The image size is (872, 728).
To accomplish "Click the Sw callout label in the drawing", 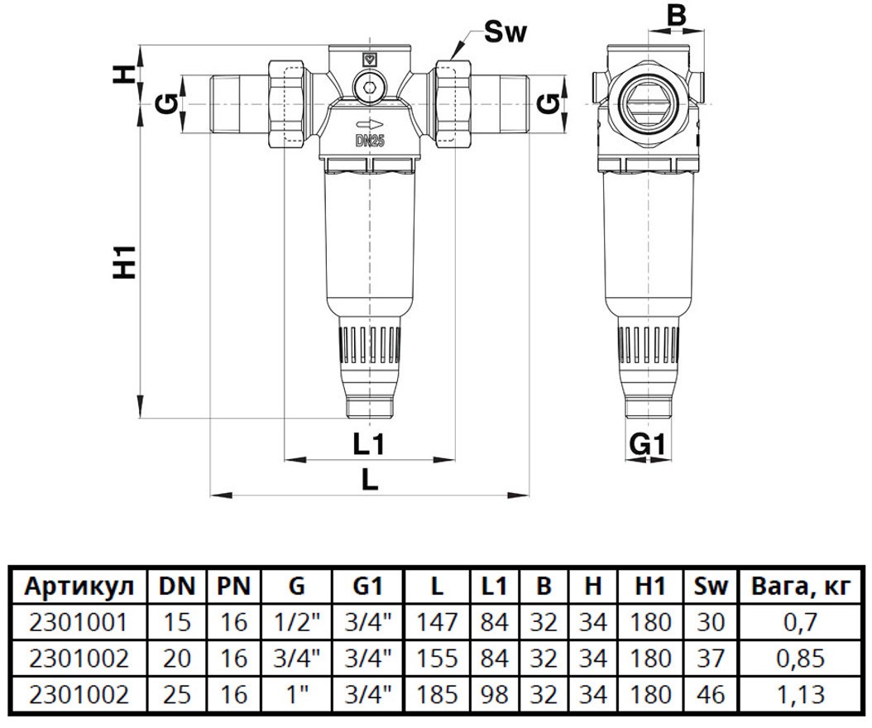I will (505, 34).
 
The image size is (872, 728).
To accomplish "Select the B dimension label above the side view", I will (677, 16).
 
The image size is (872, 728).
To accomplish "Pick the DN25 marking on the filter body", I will (370, 140).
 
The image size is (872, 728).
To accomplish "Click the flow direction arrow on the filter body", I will (369, 123).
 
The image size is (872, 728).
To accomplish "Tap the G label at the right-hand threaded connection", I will (544, 103).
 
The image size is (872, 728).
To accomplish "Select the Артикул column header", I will (79, 587).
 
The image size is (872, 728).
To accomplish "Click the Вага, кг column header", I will (800, 587).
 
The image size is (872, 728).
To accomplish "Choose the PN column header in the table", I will (234, 587).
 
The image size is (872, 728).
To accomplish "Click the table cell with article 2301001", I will (79, 622).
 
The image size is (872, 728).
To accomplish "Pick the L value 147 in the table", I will (436, 622).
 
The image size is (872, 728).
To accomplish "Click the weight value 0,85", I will (800, 659).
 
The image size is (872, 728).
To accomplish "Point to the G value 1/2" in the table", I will (296, 622).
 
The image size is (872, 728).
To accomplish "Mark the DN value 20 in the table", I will (178, 659).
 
